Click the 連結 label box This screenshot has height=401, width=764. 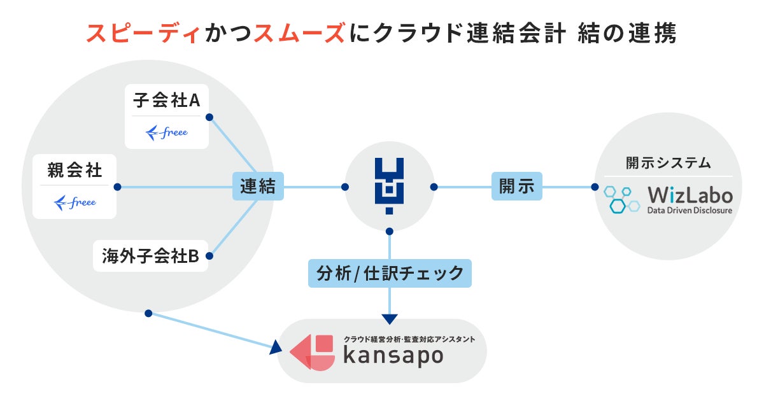[x=258, y=186]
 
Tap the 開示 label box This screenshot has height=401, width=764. [x=516, y=186]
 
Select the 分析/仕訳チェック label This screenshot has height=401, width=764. [x=390, y=273]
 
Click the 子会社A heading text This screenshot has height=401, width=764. [x=166, y=100]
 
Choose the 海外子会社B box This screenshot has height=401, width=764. [x=150, y=256]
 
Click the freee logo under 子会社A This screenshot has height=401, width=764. [x=167, y=133]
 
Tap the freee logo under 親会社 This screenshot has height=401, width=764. [x=74, y=202]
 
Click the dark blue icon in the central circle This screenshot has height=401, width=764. [x=389, y=185]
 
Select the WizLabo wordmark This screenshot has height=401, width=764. [x=690, y=194]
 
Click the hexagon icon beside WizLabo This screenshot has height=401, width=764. [x=622, y=199]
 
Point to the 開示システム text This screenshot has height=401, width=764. [x=668, y=163]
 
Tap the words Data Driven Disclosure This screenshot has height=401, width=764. [x=690, y=210]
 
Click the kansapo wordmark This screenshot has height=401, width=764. [x=393, y=356]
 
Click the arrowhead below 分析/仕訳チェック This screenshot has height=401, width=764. [x=390, y=318]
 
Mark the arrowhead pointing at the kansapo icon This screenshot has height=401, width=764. [x=276, y=347]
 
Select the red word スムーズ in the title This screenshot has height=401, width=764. [x=299, y=34]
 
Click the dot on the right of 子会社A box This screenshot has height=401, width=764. [x=209, y=117]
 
